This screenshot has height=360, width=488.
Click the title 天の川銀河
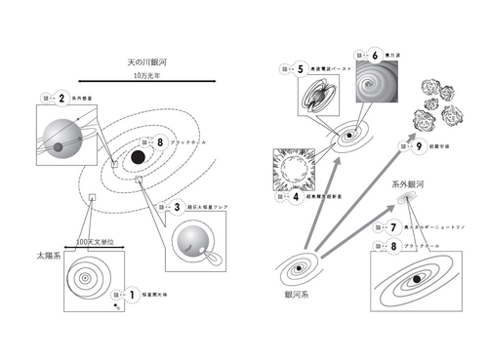146,60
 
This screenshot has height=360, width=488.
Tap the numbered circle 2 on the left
61,99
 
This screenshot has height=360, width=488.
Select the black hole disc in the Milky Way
140,156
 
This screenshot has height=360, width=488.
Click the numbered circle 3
178,207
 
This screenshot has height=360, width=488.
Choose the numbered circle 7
393,227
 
